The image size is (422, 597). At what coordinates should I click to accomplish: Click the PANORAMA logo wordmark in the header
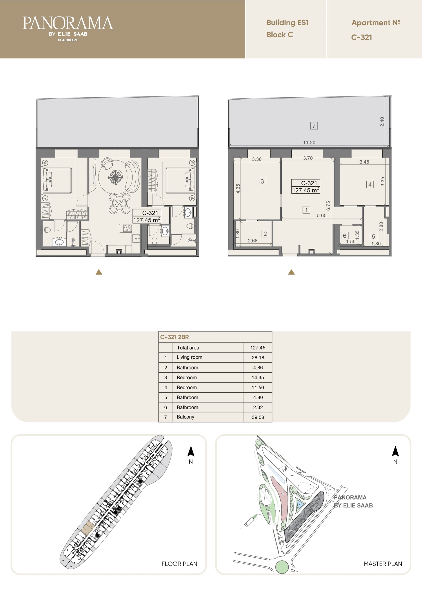68,23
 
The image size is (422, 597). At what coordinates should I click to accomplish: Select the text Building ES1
287,23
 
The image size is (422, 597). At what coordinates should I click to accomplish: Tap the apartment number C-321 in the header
361,37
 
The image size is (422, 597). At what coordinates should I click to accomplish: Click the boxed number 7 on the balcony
314,126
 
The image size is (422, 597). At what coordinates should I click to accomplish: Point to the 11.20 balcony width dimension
309,142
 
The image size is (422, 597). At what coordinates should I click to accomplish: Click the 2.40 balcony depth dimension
382,122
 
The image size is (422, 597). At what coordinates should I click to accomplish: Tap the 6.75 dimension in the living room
328,206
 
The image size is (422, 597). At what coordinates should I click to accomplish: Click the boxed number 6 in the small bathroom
344,236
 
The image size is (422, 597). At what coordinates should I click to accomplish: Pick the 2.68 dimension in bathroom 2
253,241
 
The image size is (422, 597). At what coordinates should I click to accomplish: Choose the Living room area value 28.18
258,358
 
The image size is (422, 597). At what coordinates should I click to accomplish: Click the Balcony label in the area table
185,417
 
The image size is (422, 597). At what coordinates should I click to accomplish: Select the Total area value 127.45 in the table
258,348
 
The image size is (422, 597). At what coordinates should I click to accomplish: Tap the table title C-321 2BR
175,337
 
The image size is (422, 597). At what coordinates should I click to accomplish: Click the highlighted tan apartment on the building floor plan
87,528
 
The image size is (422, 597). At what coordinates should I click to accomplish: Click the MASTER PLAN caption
383,564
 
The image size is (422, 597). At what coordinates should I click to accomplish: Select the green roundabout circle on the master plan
282,567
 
